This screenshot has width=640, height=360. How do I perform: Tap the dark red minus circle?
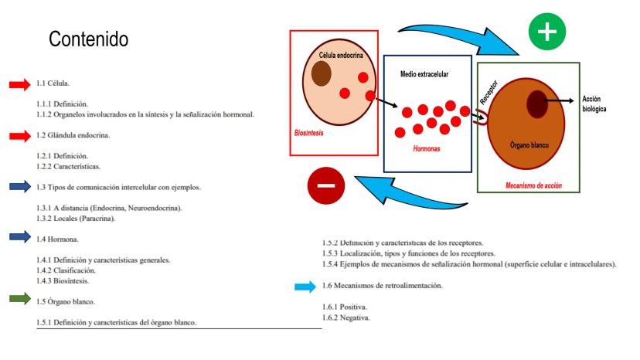click(326, 185)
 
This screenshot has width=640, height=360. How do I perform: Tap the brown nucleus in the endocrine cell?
click(321, 74)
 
